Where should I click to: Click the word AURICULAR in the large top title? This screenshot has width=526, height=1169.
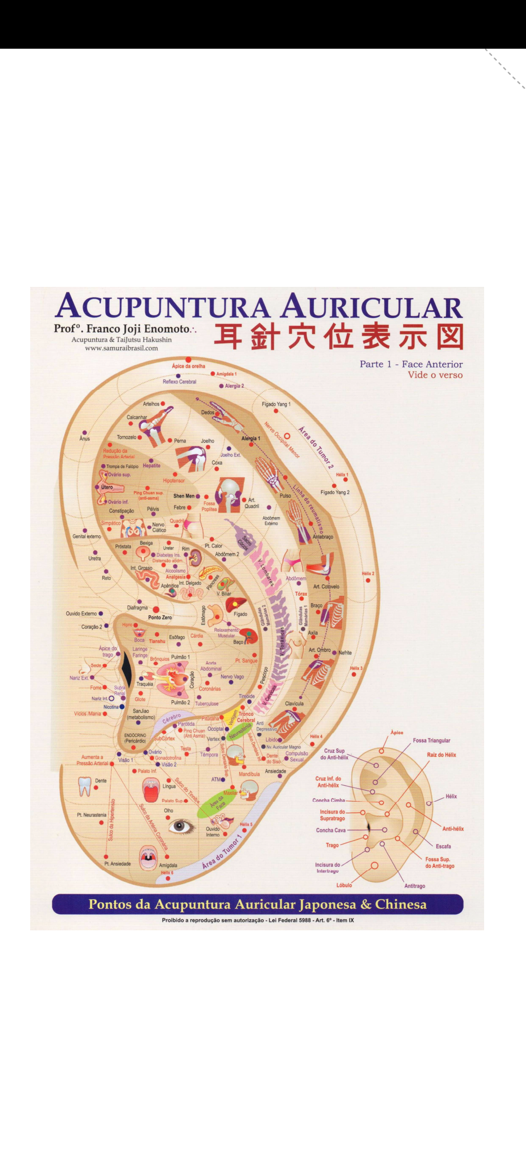coord(372,307)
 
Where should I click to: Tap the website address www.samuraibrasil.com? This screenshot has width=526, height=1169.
coord(121,348)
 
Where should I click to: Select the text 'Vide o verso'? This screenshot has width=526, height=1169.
coord(435,375)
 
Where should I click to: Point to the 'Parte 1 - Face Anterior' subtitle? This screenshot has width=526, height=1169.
coord(411,364)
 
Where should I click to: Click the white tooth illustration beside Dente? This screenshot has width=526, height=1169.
coord(85,786)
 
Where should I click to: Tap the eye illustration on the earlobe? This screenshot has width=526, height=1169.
coord(180,826)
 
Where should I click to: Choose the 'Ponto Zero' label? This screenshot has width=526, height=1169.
coord(160,617)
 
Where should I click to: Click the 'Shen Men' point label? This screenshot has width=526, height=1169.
coord(184,496)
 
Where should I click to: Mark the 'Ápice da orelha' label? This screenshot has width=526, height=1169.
coord(188,366)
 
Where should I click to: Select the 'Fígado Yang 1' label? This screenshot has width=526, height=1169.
coord(276,404)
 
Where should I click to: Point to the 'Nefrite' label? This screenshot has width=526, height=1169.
coord(345,653)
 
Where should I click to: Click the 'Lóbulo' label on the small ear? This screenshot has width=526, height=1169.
coord(344,885)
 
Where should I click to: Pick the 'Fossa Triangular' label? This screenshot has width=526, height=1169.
coord(432,740)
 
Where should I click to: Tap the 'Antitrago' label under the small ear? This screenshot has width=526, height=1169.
coord(414,886)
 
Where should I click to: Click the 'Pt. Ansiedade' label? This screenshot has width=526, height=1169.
coord(117,864)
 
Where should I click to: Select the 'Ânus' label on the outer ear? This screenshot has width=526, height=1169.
coord(85,438)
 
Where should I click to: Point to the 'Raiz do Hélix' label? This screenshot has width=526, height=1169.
coord(441,755)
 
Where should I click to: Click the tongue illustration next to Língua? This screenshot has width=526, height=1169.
coord(151,790)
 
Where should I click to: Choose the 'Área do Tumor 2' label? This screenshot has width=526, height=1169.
coord(316,448)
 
